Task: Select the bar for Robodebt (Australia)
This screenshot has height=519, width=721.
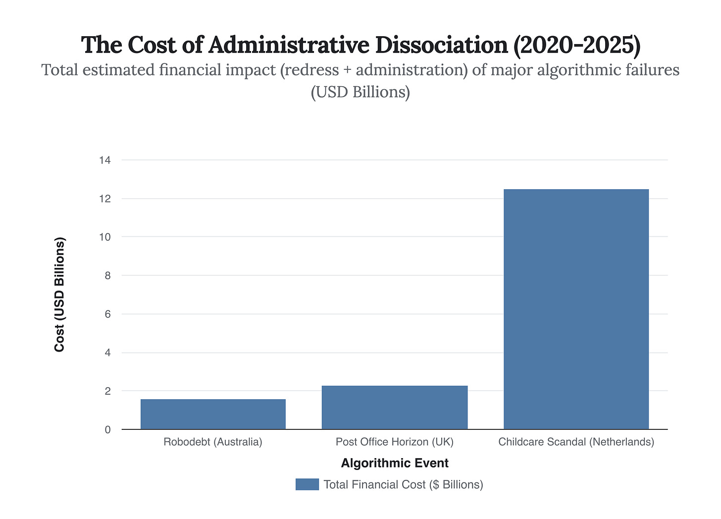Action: coord(213,414)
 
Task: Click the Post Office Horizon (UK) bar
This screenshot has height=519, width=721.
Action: coord(394,407)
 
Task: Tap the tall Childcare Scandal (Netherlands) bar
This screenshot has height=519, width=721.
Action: coord(576,309)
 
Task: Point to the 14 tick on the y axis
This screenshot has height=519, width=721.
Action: coord(104,160)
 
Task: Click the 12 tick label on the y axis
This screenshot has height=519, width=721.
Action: coord(104,199)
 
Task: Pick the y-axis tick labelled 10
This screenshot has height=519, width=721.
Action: coord(104,237)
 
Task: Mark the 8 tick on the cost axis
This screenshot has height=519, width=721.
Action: coord(107,275)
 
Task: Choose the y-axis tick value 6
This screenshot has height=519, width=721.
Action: coord(107,314)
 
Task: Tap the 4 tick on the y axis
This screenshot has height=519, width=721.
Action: coord(107,353)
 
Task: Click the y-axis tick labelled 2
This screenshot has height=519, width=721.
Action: coord(107,391)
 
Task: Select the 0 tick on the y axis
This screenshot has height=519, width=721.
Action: coord(107,430)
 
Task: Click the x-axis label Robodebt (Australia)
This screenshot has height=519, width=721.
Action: coord(213,442)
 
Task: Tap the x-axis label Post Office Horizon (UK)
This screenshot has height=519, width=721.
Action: coord(394,442)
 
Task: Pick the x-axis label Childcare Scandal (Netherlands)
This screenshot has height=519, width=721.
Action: coord(576,442)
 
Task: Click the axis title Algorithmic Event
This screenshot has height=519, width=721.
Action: coord(395,463)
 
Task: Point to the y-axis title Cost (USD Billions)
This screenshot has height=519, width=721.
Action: coord(59,295)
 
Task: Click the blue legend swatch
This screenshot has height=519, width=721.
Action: coord(307,484)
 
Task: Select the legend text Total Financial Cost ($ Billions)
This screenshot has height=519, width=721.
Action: coord(403,484)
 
